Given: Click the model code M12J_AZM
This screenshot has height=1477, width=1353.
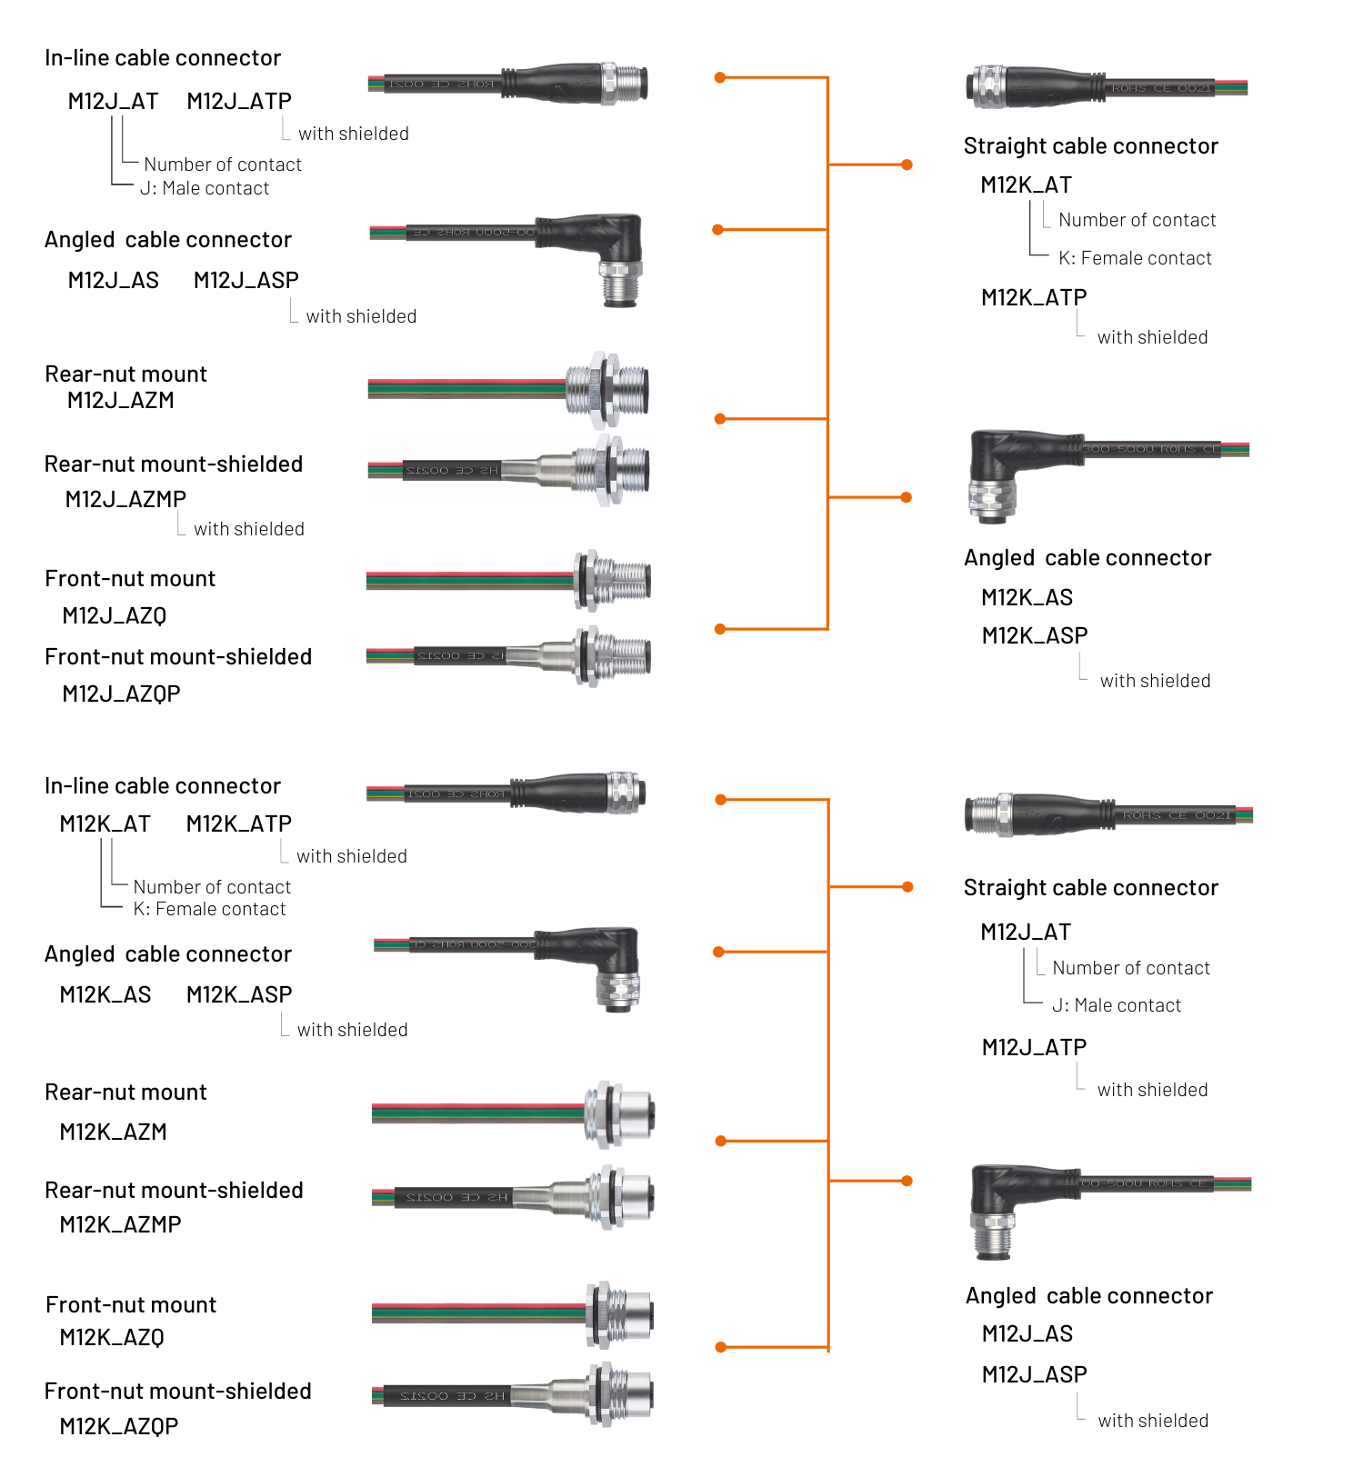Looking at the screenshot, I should coord(120,401).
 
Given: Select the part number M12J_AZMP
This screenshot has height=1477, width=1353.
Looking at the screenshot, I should coord(125,499).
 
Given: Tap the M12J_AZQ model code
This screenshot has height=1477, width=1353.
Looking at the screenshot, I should coord(114,616).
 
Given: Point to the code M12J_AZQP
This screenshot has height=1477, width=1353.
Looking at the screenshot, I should coord(121,694).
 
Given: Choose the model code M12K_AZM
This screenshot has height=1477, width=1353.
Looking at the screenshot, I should coord(113,1133).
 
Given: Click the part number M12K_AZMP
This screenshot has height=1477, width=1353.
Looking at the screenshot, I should coord(120,1225).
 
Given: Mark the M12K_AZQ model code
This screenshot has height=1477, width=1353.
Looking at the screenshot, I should coord(111,1338).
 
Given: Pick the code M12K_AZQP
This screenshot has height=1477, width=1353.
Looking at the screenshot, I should coord(118,1427).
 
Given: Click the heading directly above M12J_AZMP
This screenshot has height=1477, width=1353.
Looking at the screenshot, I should coord(174,464).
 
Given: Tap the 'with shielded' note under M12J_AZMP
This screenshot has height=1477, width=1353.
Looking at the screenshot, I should coord(248,529).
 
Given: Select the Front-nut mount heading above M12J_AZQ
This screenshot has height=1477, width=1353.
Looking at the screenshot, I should coord(130,579).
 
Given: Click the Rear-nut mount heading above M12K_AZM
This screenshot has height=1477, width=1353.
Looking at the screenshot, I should coord(125,1093).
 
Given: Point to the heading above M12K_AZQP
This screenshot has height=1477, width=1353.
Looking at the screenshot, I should coord(177,1392).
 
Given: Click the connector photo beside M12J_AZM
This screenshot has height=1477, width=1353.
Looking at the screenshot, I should coord(509,389).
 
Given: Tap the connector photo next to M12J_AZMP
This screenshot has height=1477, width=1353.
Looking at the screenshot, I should coord(509,470).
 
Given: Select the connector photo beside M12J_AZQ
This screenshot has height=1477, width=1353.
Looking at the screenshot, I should coord(509,580).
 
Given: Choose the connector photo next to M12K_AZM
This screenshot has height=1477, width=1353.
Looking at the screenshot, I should coord(514,1113).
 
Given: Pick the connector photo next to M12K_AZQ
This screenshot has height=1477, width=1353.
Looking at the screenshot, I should coord(514,1312).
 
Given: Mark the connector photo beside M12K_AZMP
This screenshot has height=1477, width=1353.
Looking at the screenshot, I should coord(514,1196).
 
